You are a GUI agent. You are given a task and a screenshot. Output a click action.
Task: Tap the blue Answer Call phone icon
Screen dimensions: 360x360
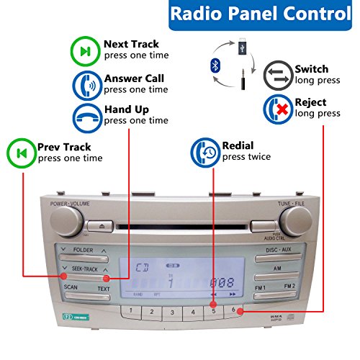84,85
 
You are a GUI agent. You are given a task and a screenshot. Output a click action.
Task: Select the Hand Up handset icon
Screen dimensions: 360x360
84,117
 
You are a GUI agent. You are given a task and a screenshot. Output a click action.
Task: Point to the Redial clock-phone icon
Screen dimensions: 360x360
204,153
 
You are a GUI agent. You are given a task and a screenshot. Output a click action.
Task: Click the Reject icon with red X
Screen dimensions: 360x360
276,109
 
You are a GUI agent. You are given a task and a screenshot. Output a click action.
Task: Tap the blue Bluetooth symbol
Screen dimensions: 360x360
214,66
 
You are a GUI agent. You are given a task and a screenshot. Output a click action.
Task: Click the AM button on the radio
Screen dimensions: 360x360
277,269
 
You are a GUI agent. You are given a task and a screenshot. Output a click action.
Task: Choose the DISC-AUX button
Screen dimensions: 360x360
277,251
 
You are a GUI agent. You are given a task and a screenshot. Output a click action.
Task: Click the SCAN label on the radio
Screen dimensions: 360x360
71,287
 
